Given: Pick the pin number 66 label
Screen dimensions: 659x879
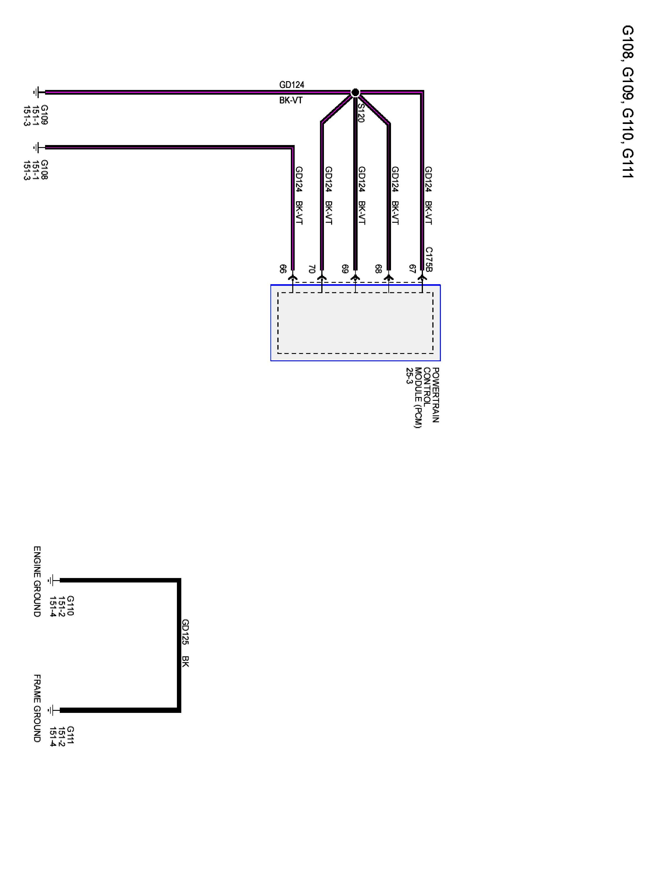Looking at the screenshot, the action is [283, 269].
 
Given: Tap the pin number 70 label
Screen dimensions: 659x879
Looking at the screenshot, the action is [312, 269].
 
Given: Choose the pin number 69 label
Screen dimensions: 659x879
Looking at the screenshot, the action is [345, 269].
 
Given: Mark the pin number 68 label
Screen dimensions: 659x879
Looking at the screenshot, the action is [378, 269].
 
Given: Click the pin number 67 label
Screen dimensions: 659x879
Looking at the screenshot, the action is [412, 269].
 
